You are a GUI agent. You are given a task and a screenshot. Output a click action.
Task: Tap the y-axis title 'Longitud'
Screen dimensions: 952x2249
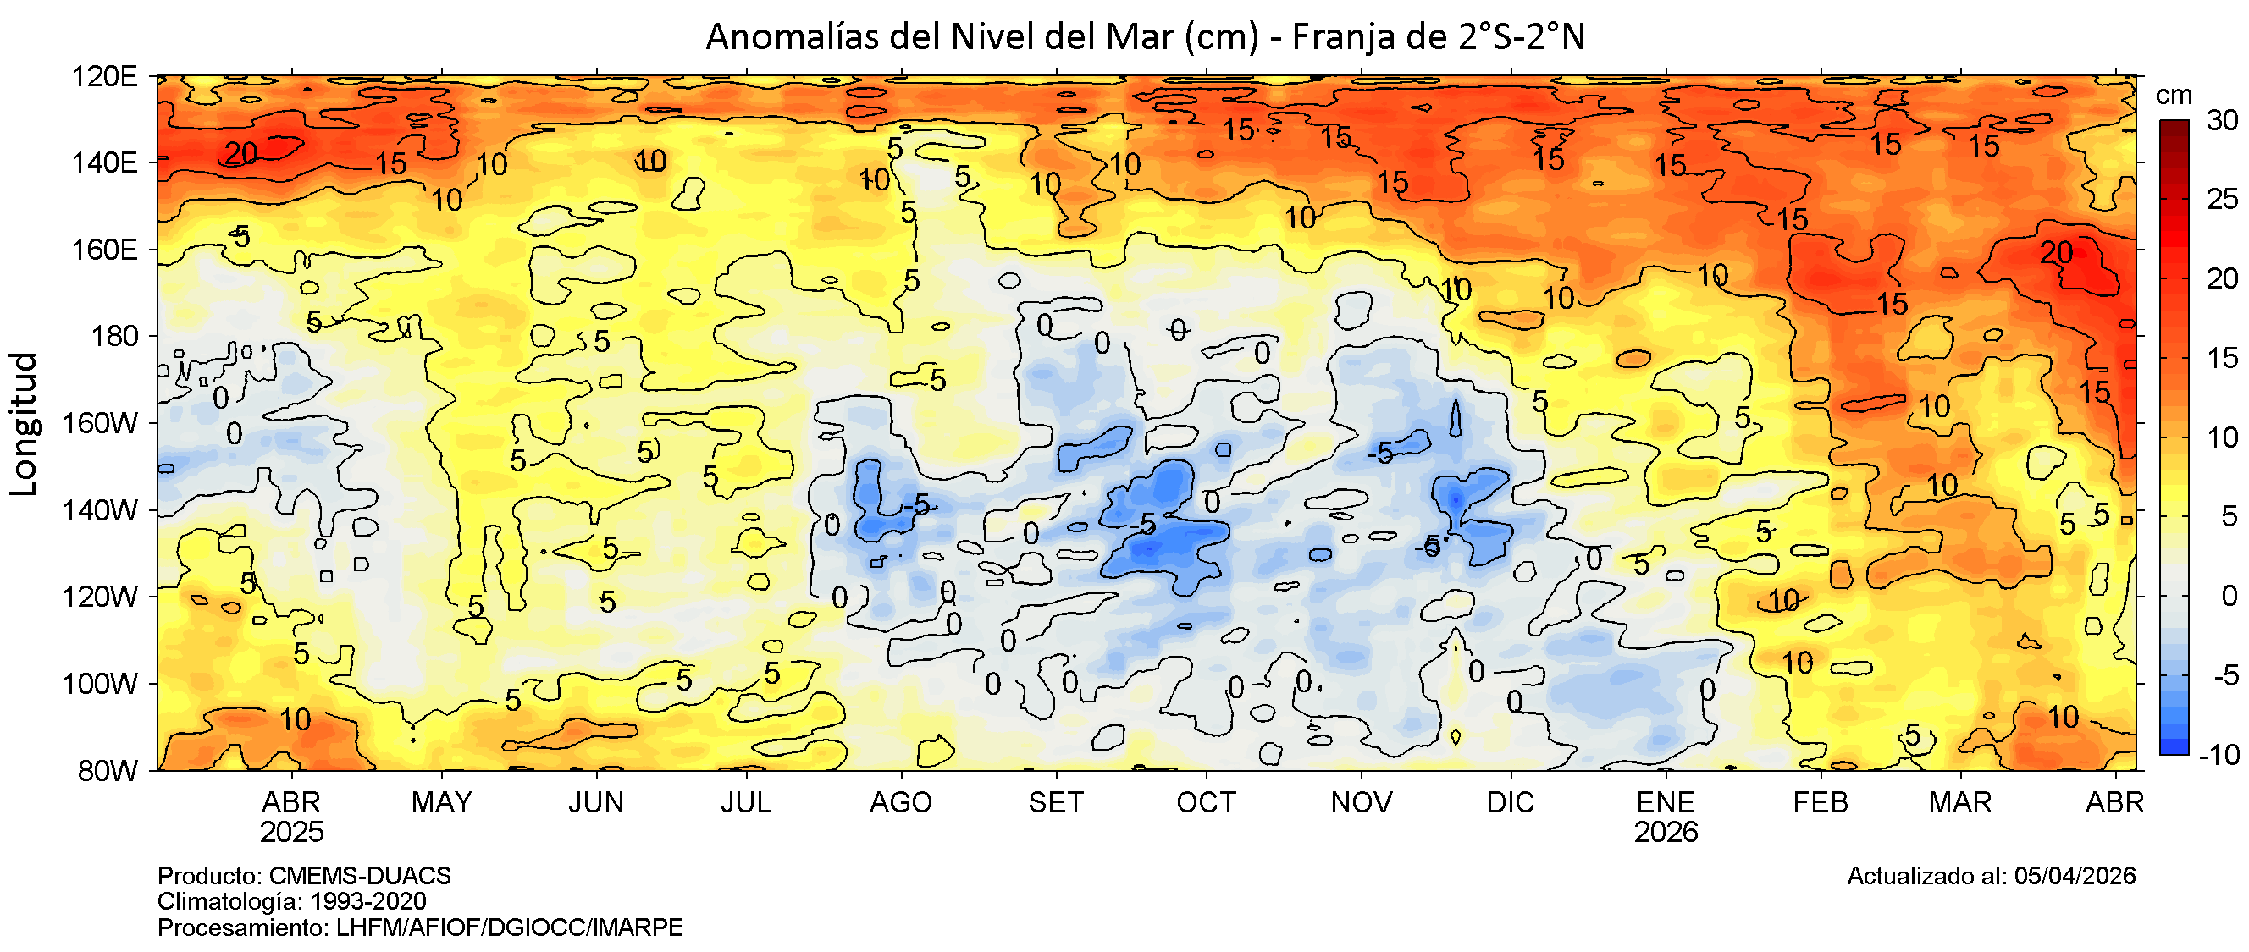(25, 424)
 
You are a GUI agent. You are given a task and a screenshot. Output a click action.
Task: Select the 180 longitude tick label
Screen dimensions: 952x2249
(114, 337)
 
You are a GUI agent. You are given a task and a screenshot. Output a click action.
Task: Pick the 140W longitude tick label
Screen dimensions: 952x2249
(101, 510)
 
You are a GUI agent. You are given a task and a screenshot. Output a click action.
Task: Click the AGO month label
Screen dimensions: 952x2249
(900, 803)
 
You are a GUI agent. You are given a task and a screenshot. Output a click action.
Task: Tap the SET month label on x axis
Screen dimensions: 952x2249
(1056, 803)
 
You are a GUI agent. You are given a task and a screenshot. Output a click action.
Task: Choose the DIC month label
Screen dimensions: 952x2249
(1511, 803)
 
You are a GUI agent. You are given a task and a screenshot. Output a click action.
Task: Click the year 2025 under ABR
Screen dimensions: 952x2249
(291, 833)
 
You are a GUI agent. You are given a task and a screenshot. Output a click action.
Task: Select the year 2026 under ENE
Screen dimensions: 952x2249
(1666, 833)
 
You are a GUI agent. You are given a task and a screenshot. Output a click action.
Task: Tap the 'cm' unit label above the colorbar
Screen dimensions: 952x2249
(2174, 95)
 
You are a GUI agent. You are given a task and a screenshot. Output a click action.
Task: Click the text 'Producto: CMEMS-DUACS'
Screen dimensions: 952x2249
(304, 876)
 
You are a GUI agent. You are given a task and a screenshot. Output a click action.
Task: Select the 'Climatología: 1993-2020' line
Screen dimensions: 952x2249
(291, 901)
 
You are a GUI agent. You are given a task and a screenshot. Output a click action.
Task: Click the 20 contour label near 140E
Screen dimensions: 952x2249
(241, 153)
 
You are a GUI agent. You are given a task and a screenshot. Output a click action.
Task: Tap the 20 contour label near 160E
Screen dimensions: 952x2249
(2056, 253)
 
